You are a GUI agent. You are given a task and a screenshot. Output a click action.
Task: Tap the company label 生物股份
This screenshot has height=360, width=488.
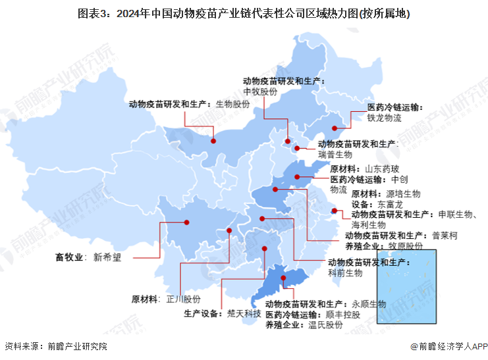point(233,105)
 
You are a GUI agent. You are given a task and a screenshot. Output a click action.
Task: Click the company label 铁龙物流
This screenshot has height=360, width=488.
point(384,118)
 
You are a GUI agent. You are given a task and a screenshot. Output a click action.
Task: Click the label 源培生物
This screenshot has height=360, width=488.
point(402,194)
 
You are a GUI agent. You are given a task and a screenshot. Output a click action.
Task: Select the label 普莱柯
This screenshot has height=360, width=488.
point(445,236)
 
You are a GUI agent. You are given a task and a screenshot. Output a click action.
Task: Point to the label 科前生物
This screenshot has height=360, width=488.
point(345,272)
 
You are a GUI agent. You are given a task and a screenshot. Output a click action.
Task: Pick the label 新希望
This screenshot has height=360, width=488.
point(107,257)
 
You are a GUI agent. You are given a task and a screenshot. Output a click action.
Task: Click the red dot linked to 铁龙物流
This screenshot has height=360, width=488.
point(335,128)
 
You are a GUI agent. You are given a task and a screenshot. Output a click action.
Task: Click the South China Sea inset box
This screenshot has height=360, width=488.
point(406,286)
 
